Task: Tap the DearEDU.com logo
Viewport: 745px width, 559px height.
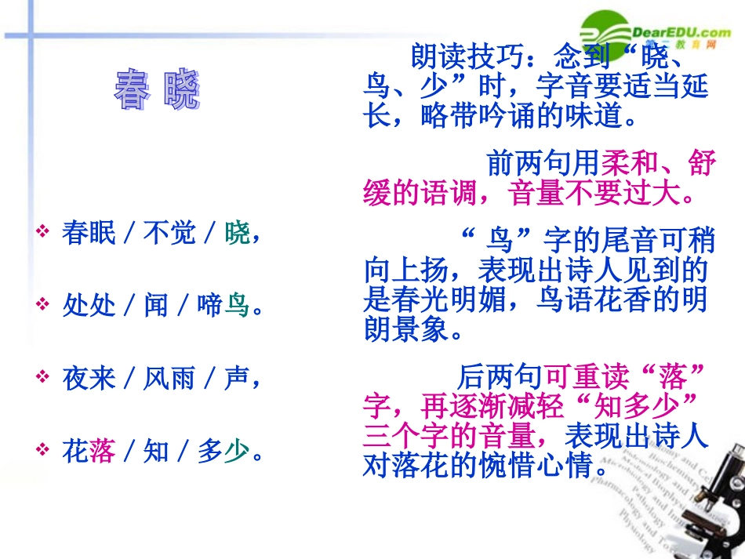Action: (x=655, y=33)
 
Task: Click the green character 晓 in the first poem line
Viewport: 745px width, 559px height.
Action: (x=237, y=233)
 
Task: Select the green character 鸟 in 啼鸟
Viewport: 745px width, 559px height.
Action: (x=237, y=305)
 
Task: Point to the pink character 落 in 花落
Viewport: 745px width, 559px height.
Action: (x=102, y=452)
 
